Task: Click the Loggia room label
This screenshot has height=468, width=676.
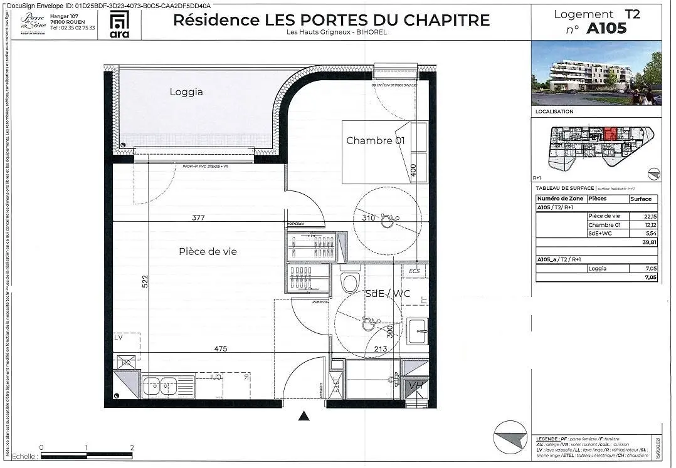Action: pyautogui.click(x=186, y=92)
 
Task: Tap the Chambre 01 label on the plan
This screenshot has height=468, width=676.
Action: pyautogui.click(x=375, y=140)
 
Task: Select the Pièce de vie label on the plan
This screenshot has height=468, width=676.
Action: pyautogui.click(x=208, y=251)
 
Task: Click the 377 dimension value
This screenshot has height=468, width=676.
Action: pyautogui.click(x=199, y=218)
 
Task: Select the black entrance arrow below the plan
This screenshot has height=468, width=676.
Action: pyautogui.click(x=305, y=416)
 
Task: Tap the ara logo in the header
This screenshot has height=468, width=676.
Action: pyautogui.click(x=119, y=24)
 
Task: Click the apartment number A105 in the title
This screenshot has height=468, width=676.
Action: pyautogui.click(x=606, y=28)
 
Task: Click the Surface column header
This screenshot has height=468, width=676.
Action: pyautogui.click(x=641, y=199)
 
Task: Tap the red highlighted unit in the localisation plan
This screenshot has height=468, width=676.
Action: pyautogui.click(x=610, y=135)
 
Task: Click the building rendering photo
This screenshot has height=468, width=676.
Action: pyautogui.click(x=596, y=73)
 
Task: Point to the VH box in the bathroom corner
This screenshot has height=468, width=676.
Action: pyautogui.click(x=415, y=386)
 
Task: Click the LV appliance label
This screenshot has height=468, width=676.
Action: pyautogui.click(x=119, y=337)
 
